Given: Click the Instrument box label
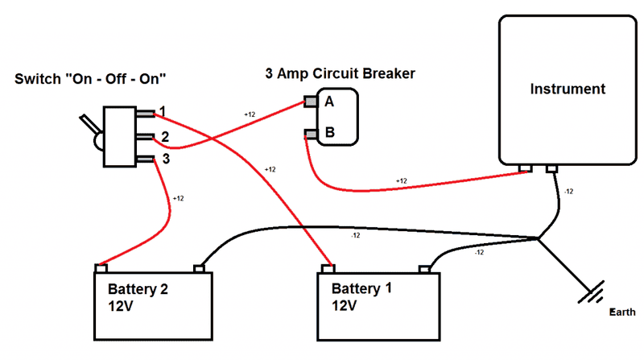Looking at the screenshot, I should pos(568,89).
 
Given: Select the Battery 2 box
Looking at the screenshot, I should pos(154,304).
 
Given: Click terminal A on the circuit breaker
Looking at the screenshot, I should pos(310,102).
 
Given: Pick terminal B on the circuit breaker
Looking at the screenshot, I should pos(310,133).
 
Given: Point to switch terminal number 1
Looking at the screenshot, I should pos(147,113).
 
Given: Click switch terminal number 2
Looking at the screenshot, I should pos(147,136).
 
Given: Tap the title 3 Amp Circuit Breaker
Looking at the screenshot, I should pos(340,74).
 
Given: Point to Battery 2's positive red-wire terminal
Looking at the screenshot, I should pos(101,267).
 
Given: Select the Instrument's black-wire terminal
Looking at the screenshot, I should pos(553,168).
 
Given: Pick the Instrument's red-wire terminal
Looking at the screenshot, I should pos(526,168).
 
